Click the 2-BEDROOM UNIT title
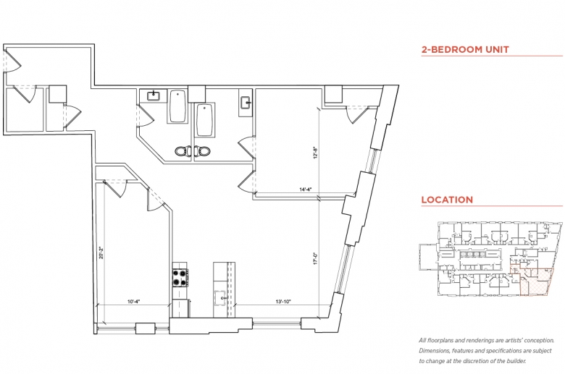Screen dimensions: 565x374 pos(465,49)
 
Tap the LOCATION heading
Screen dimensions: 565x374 pos(447,200)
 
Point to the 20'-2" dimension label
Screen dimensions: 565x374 pos(101,252)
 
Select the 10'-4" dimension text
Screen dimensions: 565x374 pos(133,302)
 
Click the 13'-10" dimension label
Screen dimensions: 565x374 pos(282,302)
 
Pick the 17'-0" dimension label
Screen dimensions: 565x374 pos(315,258)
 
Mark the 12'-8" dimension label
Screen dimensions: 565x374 pos(315,153)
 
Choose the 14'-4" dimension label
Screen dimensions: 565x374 pos(305,190)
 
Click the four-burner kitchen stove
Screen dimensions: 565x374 pos(180,278)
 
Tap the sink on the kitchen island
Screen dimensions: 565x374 pos(219,298)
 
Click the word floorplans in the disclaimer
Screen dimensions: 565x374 pos(441,340)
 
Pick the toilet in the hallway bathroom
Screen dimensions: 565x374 pos(183,150)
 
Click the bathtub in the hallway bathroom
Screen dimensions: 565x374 pos(177,106)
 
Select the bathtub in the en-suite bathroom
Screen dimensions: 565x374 pos(205,120)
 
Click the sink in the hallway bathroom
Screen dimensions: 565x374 pos(154,95)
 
